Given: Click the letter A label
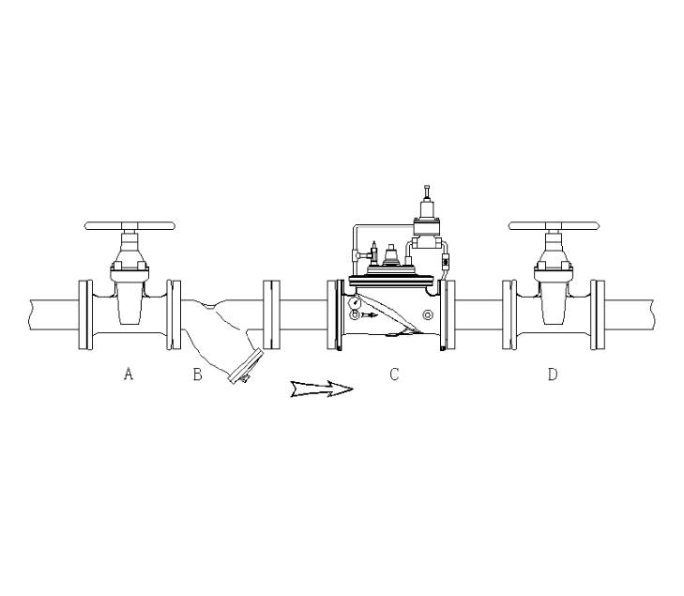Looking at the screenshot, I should pyautogui.click(x=129, y=374).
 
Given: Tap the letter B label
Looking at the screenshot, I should pyautogui.click(x=198, y=374).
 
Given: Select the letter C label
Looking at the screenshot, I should pyautogui.click(x=394, y=374).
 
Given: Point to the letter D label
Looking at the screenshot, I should pyautogui.click(x=553, y=374).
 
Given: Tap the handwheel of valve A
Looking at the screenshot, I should pyautogui.click(x=130, y=226).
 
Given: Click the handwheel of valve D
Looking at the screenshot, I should pyautogui.click(x=554, y=226).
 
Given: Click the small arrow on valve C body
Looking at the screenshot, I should pyautogui.click(x=370, y=315).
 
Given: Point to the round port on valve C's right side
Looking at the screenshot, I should pyautogui.click(x=428, y=314).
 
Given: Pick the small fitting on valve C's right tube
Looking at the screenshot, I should pyautogui.click(x=445, y=252).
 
